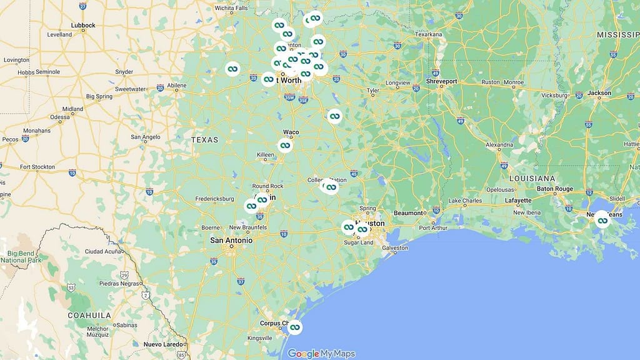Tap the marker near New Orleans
click(602, 219)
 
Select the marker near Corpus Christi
click(294, 327)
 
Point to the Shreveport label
click(442, 81)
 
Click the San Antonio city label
click(231, 240)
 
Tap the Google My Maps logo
click(321, 354)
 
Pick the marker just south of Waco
click(285, 146)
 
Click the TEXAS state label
click(205, 140)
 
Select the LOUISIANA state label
click(532, 178)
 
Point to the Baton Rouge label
click(555, 189)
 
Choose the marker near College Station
click(331, 186)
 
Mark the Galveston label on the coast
click(394, 247)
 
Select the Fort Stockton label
click(37, 167)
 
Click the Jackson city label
click(599, 93)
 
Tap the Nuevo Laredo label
click(162, 344)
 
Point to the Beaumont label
click(408, 213)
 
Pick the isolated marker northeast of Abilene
click(232, 69)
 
